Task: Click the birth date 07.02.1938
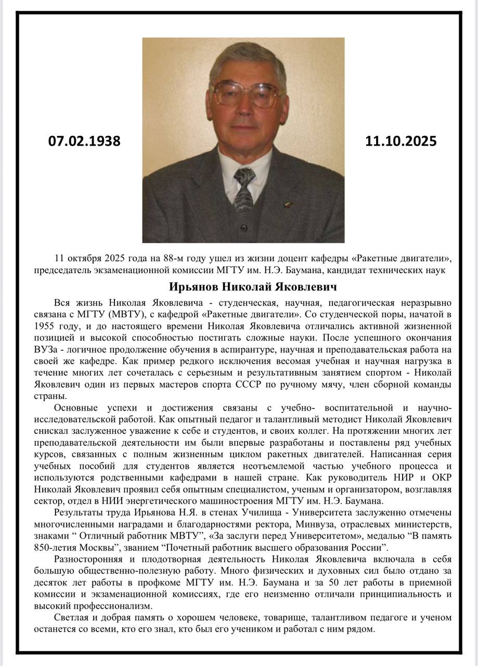click(x=84, y=141)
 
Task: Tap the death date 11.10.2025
click(x=401, y=141)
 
